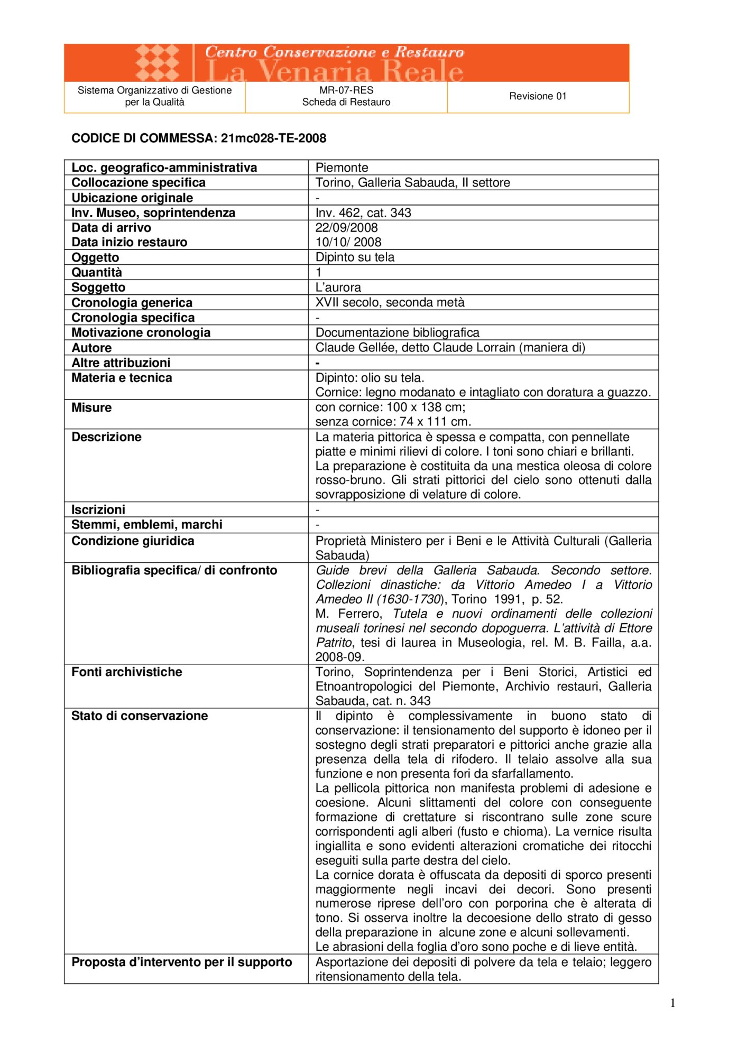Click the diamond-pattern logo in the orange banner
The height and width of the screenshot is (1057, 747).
click(158, 63)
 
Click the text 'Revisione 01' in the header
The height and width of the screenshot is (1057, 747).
click(538, 96)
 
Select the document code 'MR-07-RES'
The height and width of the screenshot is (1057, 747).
click(346, 90)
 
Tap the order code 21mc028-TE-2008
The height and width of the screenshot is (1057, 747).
click(273, 138)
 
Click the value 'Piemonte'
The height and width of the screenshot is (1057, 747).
click(342, 168)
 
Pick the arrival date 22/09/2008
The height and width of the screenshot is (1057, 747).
click(346, 228)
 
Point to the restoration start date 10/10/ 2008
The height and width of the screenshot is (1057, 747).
click(348, 242)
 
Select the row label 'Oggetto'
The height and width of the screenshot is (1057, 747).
click(96, 257)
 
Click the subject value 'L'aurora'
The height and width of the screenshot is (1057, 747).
click(338, 288)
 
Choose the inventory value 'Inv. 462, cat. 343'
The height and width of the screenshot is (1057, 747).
click(363, 212)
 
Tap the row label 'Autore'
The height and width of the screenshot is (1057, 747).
click(92, 348)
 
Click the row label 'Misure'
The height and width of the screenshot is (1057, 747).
click(92, 407)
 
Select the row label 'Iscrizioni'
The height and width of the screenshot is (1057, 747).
click(99, 509)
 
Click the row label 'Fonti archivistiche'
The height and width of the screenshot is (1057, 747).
click(127, 672)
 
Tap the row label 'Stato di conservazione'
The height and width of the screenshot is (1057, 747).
click(140, 716)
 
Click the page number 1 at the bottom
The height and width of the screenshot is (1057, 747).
click(672, 1003)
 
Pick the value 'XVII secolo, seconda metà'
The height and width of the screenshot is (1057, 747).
click(390, 302)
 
